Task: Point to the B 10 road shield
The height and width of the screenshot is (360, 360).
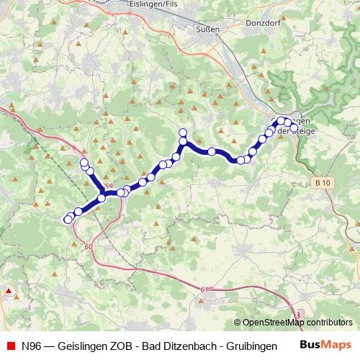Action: point(322,184)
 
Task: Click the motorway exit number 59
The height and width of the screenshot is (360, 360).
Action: point(109,187)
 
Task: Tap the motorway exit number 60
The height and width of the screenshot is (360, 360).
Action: point(89,247)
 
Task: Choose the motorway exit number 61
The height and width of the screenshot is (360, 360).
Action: point(204,289)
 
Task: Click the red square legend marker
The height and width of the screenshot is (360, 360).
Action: point(9,345)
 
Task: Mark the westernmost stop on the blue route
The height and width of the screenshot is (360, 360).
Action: point(68,220)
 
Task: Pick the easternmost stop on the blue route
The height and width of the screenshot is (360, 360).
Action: point(294,127)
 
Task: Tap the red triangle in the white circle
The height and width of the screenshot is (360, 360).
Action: point(9,292)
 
